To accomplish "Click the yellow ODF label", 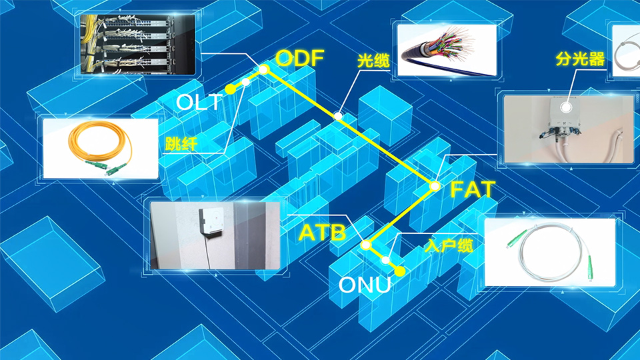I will click(x=299, y=58).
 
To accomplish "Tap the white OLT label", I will click(x=198, y=103).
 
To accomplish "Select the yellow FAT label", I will click(x=473, y=189).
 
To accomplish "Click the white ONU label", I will click(x=364, y=285).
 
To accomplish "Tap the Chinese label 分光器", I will click(x=579, y=59).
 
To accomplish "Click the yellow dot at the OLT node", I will click(x=229, y=89).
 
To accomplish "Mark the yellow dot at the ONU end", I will click(x=399, y=271).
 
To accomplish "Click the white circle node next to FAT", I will click(x=435, y=186).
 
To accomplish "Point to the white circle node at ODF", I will click(x=264, y=69).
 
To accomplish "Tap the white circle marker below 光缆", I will click(x=339, y=116).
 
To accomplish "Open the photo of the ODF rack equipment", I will click(x=138, y=43).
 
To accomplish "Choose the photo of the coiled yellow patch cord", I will click(x=100, y=148).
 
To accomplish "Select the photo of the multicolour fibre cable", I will click(x=445, y=45).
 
